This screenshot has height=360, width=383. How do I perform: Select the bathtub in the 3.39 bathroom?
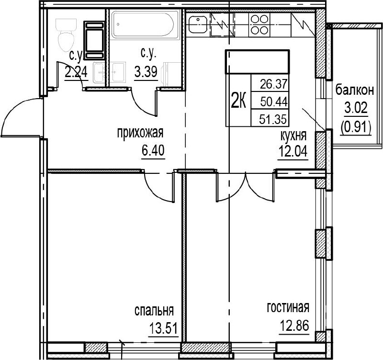click(x=143, y=25)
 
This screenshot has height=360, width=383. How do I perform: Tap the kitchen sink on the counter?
click(x=198, y=24)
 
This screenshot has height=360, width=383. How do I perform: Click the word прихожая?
click(x=140, y=134)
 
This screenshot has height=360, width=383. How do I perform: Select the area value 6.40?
click(x=153, y=150)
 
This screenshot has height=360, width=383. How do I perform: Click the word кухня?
click(x=293, y=136)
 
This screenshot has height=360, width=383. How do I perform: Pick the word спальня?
click(x=154, y=311)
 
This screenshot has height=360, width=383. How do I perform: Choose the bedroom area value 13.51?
click(x=163, y=328)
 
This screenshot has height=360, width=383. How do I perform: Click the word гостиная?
click(x=288, y=307)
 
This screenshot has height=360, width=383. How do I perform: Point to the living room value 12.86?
click(x=294, y=326)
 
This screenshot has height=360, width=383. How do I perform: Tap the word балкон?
click(x=355, y=90)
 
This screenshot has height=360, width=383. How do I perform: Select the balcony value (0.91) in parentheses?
click(x=356, y=127)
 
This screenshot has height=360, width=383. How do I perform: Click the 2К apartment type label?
click(x=238, y=102)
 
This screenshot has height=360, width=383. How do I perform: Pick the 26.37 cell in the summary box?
click(x=273, y=85)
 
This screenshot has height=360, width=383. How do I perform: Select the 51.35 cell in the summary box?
click(x=273, y=119)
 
